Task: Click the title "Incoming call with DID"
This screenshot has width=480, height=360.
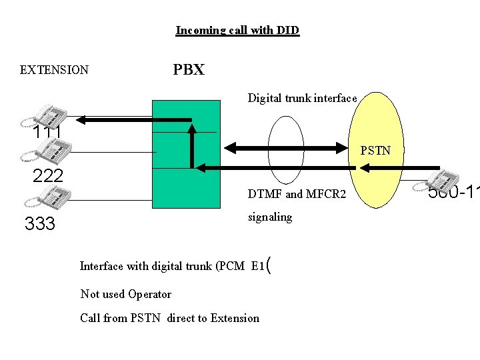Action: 237,31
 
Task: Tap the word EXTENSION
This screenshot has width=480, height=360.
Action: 54,70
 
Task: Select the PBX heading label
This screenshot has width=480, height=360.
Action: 189,70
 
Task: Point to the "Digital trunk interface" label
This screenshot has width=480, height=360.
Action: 302,99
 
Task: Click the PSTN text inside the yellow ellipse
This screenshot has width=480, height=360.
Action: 375,151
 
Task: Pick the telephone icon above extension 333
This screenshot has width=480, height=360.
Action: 53,198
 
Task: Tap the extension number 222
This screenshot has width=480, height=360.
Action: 48,176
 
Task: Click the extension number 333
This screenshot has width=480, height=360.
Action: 40,224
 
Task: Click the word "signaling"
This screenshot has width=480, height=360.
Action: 270,217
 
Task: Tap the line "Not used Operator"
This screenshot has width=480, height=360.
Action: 125,294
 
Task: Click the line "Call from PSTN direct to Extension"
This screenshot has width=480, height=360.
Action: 169,318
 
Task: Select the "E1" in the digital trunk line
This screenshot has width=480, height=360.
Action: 258,266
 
